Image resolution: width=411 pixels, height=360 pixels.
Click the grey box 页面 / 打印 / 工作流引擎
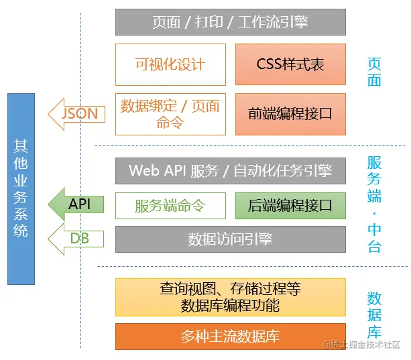[x=230, y=22]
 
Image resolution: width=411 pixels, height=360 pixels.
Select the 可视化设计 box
[x=170, y=64]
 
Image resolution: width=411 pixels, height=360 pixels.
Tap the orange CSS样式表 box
[x=290, y=64]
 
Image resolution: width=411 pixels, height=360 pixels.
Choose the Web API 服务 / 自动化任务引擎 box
[x=230, y=170]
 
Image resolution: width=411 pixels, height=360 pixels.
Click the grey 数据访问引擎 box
[x=230, y=239]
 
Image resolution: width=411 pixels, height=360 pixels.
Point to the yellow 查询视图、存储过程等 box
[x=230, y=297]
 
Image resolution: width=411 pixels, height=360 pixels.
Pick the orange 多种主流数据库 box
[x=230, y=336]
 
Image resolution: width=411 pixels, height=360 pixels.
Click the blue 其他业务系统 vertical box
[x=21, y=188]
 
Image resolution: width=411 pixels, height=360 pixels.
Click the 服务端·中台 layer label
[x=374, y=204]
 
